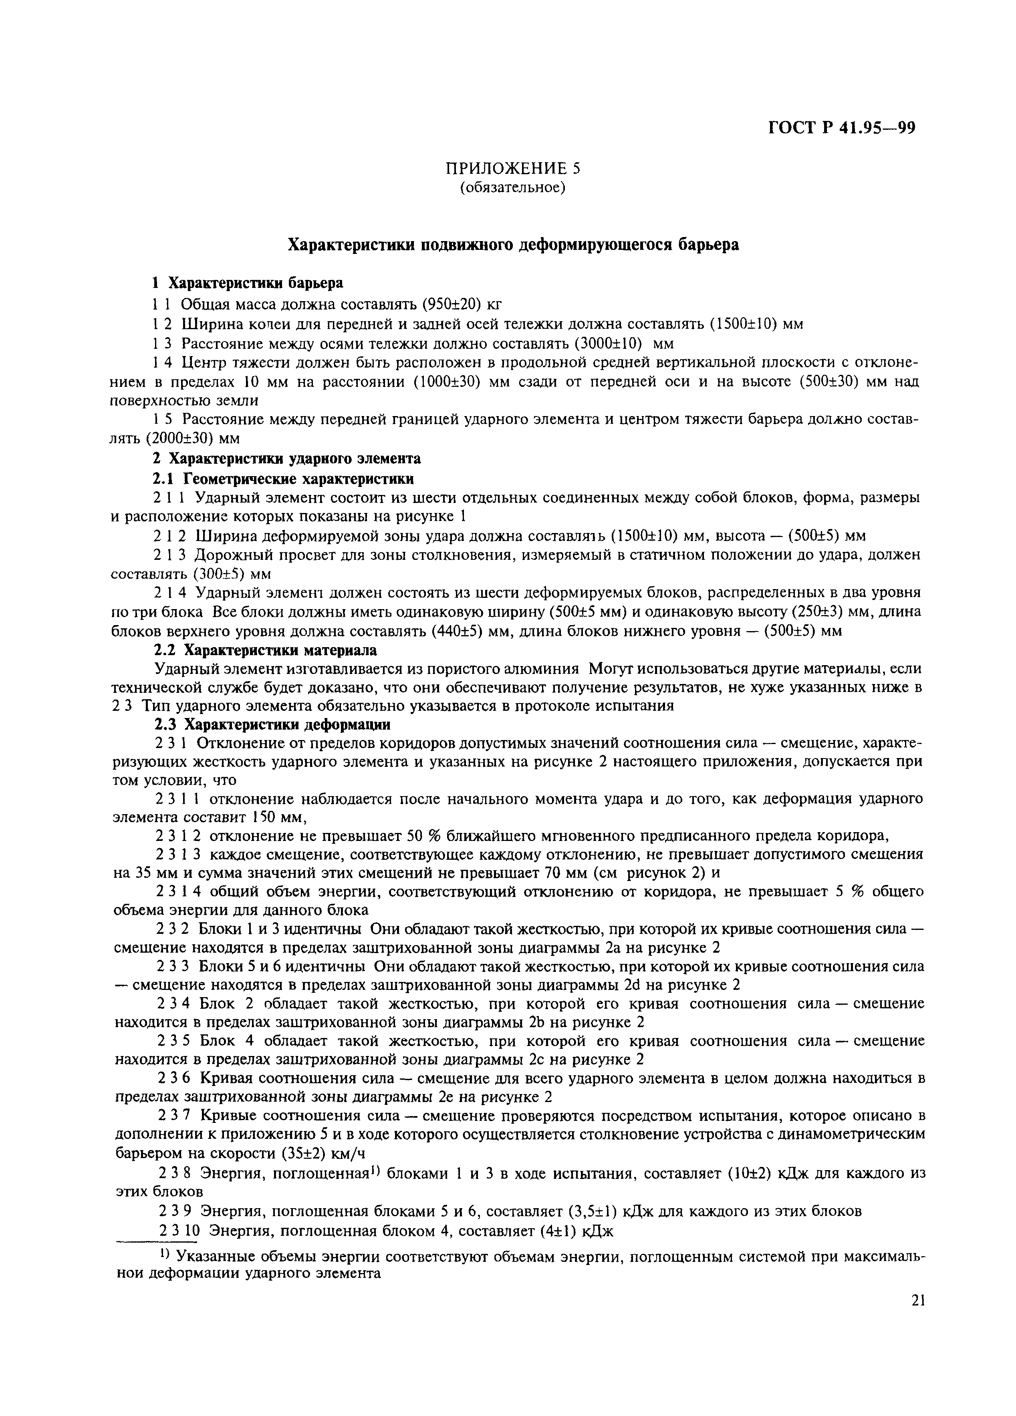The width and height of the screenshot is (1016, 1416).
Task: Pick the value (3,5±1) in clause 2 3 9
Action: [593, 1211]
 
